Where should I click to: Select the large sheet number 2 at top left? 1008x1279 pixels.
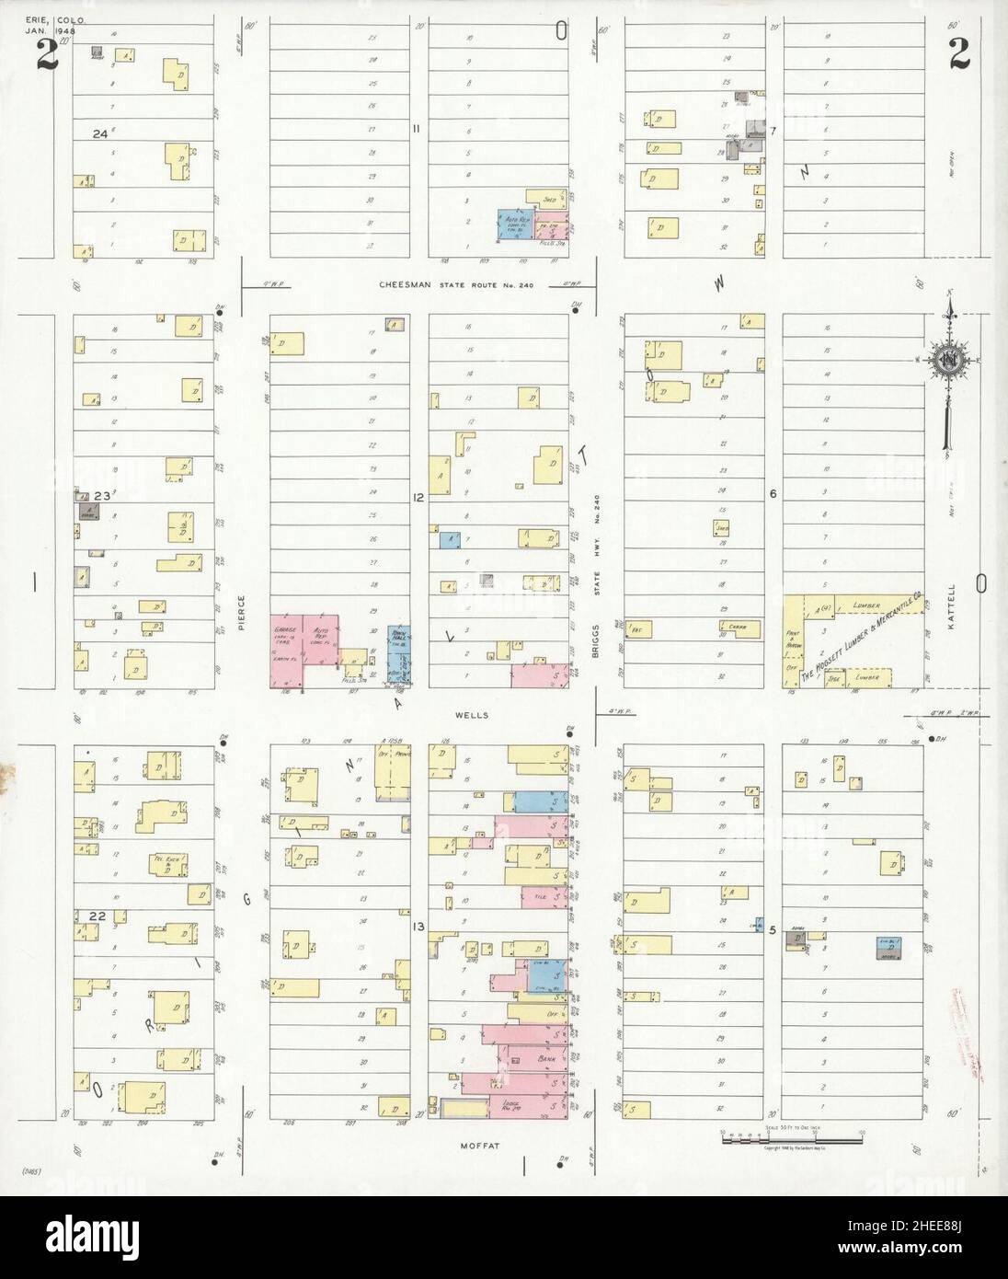click(x=47, y=57)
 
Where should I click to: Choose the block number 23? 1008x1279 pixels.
click(x=101, y=496)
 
